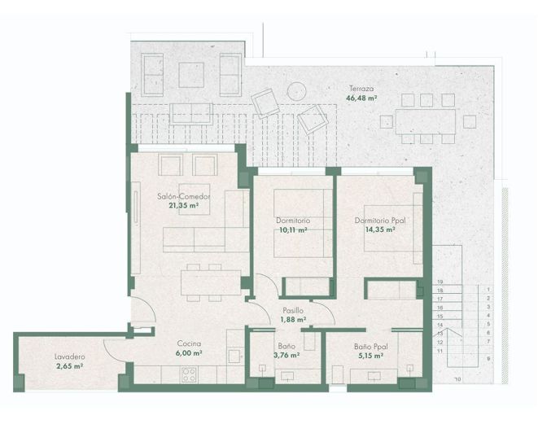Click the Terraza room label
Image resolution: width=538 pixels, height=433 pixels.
tap(362, 89)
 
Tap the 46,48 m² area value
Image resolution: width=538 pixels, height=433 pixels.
tap(362, 98)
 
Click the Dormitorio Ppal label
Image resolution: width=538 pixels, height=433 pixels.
tap(380, 220)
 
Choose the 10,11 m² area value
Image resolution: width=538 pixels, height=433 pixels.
tap(291, 230)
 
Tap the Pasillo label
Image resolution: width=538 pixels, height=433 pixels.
tap(293, 310)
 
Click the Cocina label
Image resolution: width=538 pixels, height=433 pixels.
tap(188, 344)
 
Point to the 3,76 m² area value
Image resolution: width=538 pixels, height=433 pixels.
tap(286, 355)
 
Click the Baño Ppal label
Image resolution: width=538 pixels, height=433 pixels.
tap(370, 345)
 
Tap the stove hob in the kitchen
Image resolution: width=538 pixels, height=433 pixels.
tap(190, 374)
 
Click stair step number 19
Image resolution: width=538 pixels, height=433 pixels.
tap(440, 282)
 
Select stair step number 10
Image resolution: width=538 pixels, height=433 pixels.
tap(457, 378)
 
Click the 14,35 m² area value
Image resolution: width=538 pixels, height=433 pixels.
tap(380, 230)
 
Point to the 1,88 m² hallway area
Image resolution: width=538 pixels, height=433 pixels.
tap(293, 320)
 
